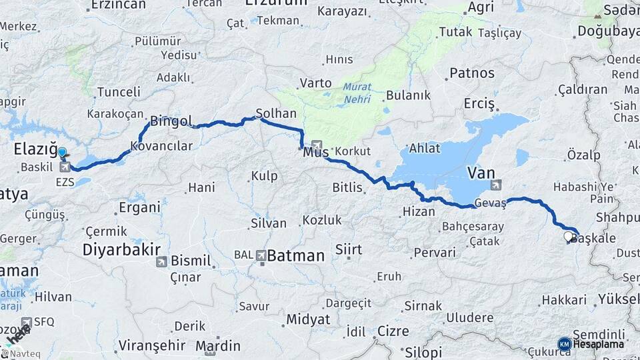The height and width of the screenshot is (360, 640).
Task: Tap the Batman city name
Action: tap(295, 255)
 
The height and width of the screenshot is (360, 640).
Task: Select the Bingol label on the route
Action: tap(171, 121)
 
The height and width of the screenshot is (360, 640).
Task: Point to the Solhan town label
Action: tap(276, 114)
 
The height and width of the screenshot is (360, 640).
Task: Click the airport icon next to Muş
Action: tap(317, 145)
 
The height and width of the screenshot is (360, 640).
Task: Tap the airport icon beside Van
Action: tap(495, 185)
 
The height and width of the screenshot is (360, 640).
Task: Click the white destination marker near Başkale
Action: tap(568, 236)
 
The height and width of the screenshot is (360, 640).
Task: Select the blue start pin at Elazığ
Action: tap(62, 153)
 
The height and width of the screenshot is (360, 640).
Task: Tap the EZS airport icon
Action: tap(65, 166)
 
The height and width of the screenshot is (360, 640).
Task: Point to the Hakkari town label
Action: tap(563, 301)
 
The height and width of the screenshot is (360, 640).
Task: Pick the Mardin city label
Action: tap(223, 346)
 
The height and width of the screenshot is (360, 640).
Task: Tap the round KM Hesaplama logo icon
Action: tap(565, 344)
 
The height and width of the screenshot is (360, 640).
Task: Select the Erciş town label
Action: tap(480, 104)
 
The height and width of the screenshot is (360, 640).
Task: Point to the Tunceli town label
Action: tap(119, 92)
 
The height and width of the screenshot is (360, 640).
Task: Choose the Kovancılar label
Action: tap(161, 146)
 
